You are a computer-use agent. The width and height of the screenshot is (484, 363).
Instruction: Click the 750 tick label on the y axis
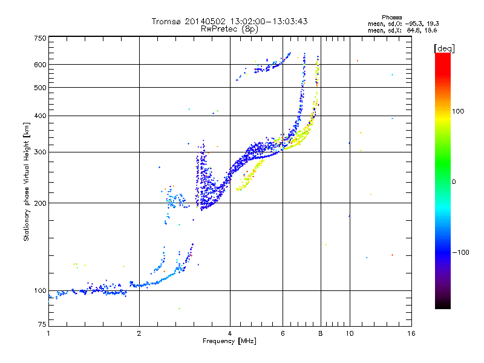click(x=40, y=38)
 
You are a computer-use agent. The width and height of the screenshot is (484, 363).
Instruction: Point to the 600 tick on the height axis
click(x=40, y=65)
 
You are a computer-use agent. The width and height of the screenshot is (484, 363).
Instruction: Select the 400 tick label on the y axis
click(x=40, y=116)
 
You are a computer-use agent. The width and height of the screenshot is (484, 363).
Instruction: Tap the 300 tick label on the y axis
click(x=40, y=152)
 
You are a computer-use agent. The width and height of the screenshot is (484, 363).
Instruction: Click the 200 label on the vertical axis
click(x=40, y=203)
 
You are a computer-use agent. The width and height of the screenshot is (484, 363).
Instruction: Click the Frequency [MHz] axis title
click(x=229, y=342)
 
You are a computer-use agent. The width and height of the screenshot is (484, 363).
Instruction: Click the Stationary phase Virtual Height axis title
click(x=27, y=182)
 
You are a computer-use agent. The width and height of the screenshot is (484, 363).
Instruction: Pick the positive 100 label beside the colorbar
click(x=459, y=111)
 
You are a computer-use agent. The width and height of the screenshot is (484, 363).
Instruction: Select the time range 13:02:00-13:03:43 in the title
click(x=265, y=21)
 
